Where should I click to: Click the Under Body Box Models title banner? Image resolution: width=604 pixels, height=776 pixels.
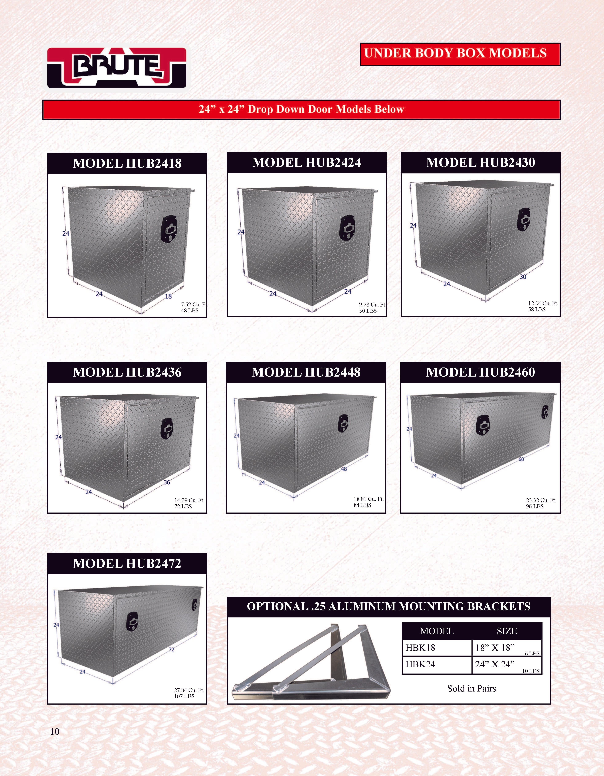460,54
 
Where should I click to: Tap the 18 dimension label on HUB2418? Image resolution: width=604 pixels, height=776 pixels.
168,296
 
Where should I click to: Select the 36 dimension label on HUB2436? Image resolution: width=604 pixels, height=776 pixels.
167,482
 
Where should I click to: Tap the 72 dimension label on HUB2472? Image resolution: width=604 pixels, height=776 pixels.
171,650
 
